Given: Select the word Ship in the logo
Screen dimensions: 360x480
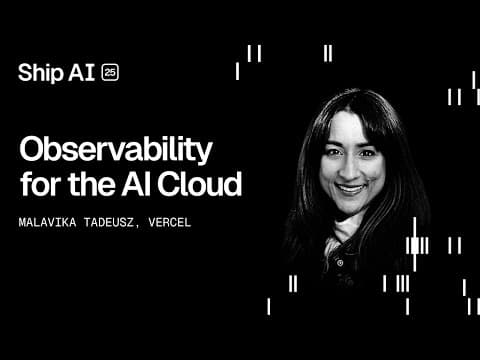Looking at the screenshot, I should coord(39,72).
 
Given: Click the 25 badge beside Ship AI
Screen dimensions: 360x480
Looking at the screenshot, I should coord(110,72).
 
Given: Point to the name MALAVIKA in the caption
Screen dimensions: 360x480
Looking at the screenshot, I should coord(47,222).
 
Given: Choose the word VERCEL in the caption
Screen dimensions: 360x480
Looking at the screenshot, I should coord(168,222).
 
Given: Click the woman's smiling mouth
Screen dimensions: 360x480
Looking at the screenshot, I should coord(351,187).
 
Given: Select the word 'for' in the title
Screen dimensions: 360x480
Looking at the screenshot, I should coord(40,185).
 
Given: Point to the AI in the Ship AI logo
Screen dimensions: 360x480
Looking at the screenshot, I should coord(82,72).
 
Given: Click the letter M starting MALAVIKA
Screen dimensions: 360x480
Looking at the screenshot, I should coord(23,222).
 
